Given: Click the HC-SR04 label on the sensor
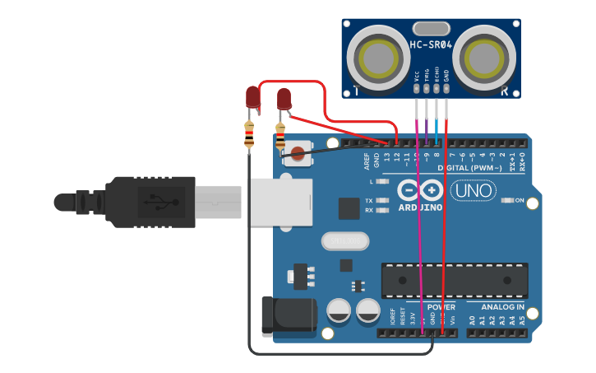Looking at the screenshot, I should tap(431, 44).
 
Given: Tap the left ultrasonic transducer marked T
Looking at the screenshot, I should tap(378, 58).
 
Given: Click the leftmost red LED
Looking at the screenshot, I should tap(253, 98).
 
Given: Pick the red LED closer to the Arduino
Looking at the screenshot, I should tap(284, 100).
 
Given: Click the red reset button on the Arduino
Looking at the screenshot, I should tap(297, 153).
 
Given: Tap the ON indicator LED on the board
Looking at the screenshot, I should tap(506, 200).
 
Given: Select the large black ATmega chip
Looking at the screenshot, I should tap(454, 281).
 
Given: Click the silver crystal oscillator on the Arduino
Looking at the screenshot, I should tap(345, 240).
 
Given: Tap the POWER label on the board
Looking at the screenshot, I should tap(441, 307).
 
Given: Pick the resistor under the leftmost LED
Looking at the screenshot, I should tap(249, 135).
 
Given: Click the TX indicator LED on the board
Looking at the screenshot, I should tap(381, 200).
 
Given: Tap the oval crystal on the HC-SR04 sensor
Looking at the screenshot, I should tap(432, 28).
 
